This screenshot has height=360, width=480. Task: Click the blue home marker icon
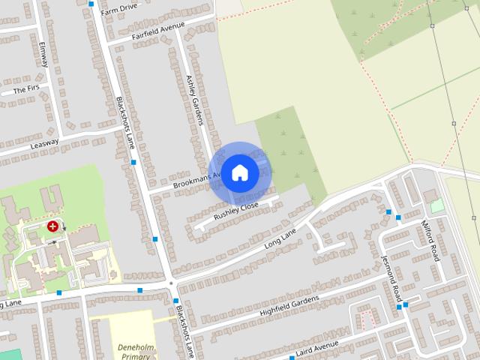coord(239,172)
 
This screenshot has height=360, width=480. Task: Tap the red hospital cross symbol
coord(53,225)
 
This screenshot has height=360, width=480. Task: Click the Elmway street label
coord(43,54)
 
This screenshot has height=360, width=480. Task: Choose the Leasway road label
coord(44,142)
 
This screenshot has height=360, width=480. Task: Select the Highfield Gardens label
coord(289,305)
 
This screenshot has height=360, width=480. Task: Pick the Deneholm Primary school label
coord(136,352)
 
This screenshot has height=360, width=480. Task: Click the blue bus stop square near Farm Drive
coord(91,4)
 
